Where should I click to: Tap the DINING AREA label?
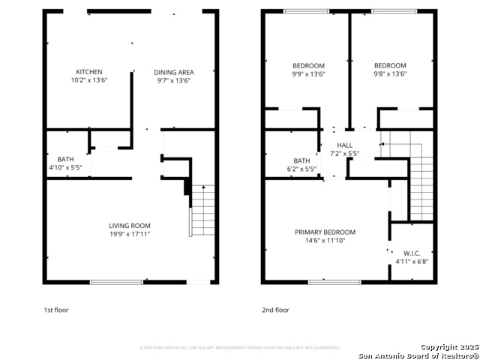click(x=173, y=72)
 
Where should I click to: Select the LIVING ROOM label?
click(x=130, y=226)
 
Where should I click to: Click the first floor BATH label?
click(x=65, y=159)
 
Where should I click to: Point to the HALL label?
click(x=344, y=145)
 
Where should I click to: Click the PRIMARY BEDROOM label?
click(x=325, y=232)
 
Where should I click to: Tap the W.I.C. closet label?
click(x=411, y=253)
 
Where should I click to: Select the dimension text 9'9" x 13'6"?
click(x=307, y=74)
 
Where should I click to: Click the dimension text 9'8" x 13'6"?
click(x=390, y=74)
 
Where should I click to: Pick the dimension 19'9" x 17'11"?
click(x=130, y=234)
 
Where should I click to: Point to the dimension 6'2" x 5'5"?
click(x=301, y=169)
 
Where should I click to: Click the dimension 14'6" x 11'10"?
click(x=325, y=241)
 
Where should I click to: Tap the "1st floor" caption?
click(x=55, y=310)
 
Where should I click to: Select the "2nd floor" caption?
click(x=275, y=310)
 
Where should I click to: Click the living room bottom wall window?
click(x=116, y=282)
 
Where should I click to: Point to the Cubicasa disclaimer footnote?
click(x=240, y=348)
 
